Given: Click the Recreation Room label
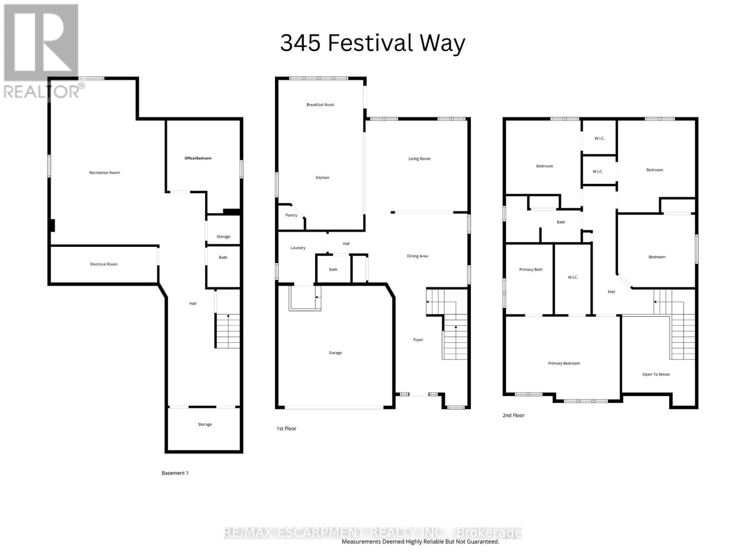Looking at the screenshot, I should (x=104, y=173).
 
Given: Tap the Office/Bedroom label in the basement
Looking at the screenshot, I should (x=198, y=158).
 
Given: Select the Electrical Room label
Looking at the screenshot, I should (x=104, y=264).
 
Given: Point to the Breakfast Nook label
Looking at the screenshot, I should (x=320, y=105).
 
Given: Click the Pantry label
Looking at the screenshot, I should (x=291, y=215).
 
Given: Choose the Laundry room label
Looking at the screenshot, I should (x=297, y=248).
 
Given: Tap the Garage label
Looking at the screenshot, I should (x=335, y=353).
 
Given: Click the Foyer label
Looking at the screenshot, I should (x=418, y=340).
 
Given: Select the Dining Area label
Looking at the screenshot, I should (x=417, y=256).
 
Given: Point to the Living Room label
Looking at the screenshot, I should (x=419, y=159).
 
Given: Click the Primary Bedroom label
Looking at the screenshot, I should (x=564, y=363).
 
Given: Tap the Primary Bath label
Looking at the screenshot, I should (x=531, y=270).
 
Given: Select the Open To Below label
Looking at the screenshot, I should (x=656, y=375).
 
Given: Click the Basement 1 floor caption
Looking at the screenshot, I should (x=175, y=473).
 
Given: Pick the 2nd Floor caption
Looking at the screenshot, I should (x=513, y=416).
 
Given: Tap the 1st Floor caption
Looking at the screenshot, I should (x=286, y=429).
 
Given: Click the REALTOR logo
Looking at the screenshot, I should (x=42, y=51).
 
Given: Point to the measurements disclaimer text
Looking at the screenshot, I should (x=420, y=542).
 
